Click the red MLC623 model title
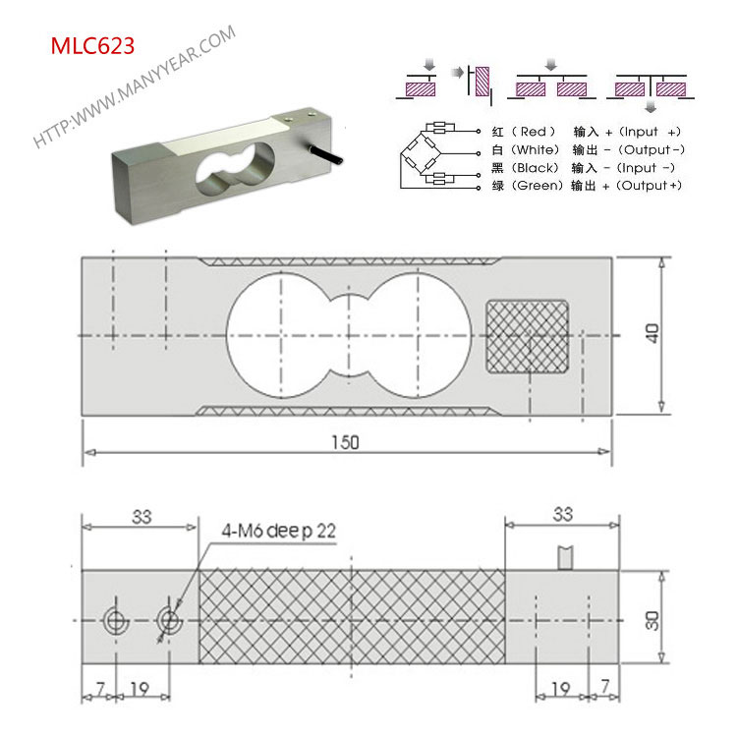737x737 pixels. click(x=92, y=46)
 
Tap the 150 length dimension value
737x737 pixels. click(x=346, y=442)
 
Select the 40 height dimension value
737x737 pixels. click(x=652, y=333)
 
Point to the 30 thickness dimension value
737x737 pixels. click(x=652, y=620)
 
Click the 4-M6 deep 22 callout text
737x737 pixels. click(x=279, y=531)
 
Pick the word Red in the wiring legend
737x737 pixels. click(x=533, y=131)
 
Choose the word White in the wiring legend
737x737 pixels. click(x=535, y=150)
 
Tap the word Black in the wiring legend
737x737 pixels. click(x=535, y=168)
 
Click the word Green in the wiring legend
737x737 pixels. click(x=537, y=186)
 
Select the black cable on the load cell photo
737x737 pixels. click(x=325, y=155)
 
